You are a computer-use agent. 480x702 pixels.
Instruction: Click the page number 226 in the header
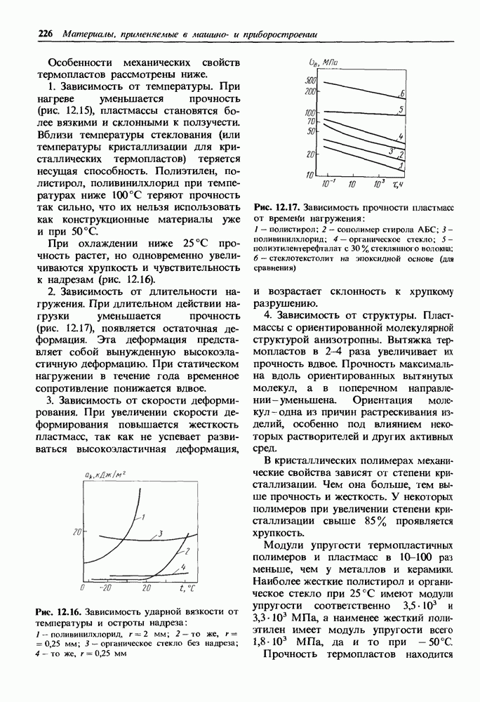tap(46, 33)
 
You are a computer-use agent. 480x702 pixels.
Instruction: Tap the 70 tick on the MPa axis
tap(312, 121)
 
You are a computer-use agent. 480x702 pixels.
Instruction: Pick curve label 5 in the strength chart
tap(400, 110)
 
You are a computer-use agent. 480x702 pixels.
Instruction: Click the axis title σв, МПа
tap(323, 65)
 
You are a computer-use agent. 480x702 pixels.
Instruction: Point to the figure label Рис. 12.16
tap(60, 611)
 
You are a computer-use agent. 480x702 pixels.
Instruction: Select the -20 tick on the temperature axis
tap(106, 586)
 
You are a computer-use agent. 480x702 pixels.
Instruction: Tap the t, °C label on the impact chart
tap(186, 587)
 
